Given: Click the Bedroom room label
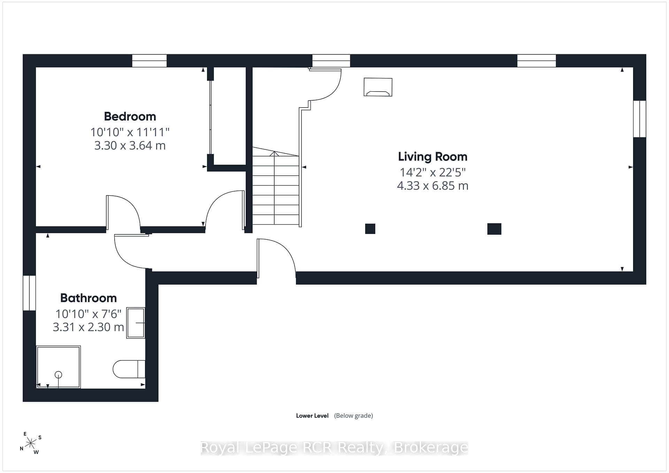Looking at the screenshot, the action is click(x=130, y=116).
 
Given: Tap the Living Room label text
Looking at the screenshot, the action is click(x=432, y=157).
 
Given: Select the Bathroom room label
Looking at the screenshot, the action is click(x=89, y=298).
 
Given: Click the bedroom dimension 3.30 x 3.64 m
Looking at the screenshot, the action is click(x=130, y=145).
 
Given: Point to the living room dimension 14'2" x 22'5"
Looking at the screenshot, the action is click(x=432, y=172).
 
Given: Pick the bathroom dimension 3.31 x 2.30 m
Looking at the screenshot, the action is click(x=89, y=327).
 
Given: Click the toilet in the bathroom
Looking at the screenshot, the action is click(x=129, y=369).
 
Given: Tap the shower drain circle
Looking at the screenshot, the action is click(x=58, y=375).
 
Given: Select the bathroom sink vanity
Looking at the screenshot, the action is click(x=136, y=323).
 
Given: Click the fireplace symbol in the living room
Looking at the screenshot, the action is click(x=378, y=87).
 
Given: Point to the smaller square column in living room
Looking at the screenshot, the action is click(x=370, y=229).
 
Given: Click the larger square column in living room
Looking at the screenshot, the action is click(x=494, y=229).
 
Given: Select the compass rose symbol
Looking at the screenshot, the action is click(x=31, y=443).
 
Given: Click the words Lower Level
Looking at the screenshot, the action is click(x=312, y=416).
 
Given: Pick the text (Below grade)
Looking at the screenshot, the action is click(x=353, y=416).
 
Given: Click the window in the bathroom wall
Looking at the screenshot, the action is click(x=29, y=293).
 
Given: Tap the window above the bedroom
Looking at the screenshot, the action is click(x=149, y=61).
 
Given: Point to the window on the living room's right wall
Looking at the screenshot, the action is click(x=640, y=119).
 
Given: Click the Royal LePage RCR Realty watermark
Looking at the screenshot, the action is click(x=334, y=448).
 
